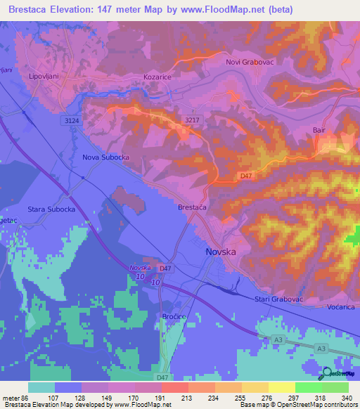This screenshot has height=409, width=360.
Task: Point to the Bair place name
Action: (x=321, y=130)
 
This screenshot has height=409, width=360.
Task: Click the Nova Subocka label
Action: (x=106, y=157)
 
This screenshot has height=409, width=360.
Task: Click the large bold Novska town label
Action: (x=221, y=252)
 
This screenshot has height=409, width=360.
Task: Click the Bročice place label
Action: (x=175, y=317)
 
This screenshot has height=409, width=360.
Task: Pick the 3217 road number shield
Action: (x=192, y=119)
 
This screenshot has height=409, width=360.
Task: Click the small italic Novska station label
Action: (x=141, y=268)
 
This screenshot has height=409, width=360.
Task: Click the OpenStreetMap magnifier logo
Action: (x=329, y=373)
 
